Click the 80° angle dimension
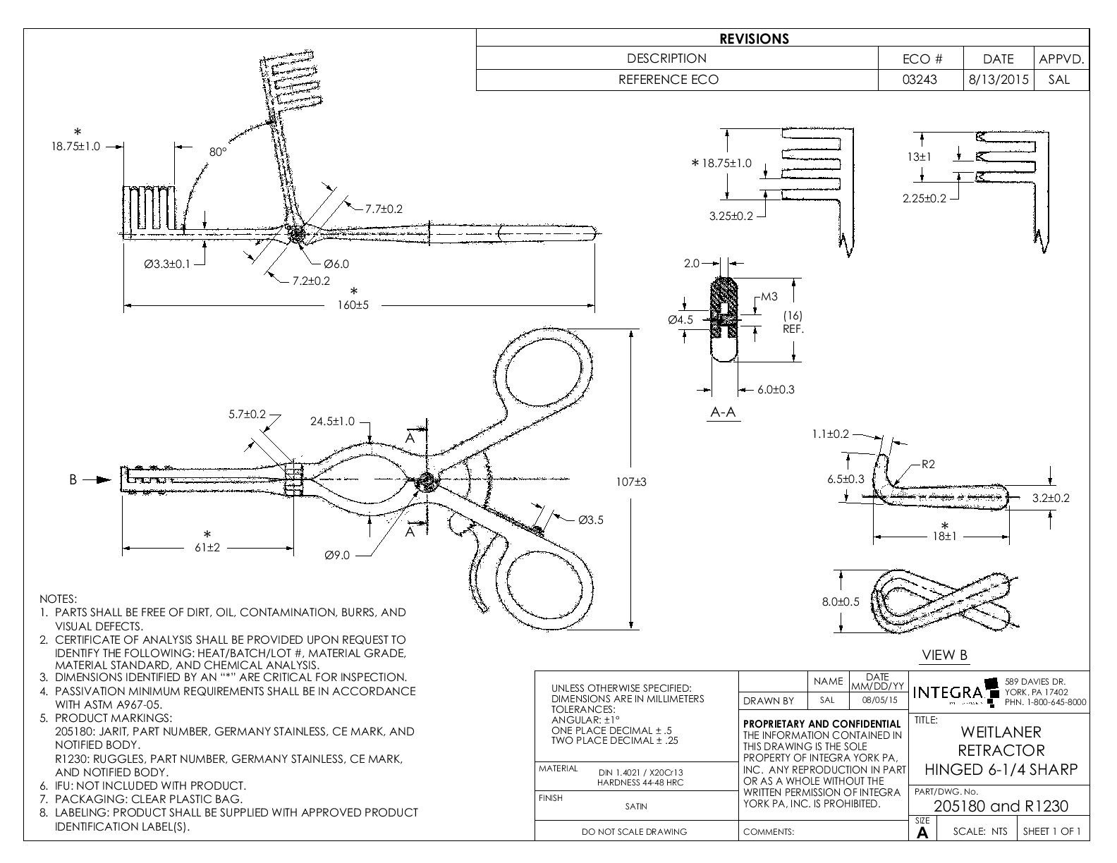[218, 152]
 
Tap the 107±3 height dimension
[631, 482]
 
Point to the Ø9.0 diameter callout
[337, 555]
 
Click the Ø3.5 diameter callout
[590, 520]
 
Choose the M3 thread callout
[769, 296]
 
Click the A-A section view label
[723, 412]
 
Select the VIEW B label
[944, 655]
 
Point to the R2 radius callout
[927, 464]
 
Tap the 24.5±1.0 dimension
[333, 422]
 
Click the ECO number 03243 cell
[920, 80]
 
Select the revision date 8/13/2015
[998, 80]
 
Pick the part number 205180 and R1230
[1001, 806]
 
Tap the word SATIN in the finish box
[636, 807]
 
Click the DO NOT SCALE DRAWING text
[634, 832]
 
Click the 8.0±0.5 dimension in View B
[840, 601]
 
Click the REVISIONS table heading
[754, 39]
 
